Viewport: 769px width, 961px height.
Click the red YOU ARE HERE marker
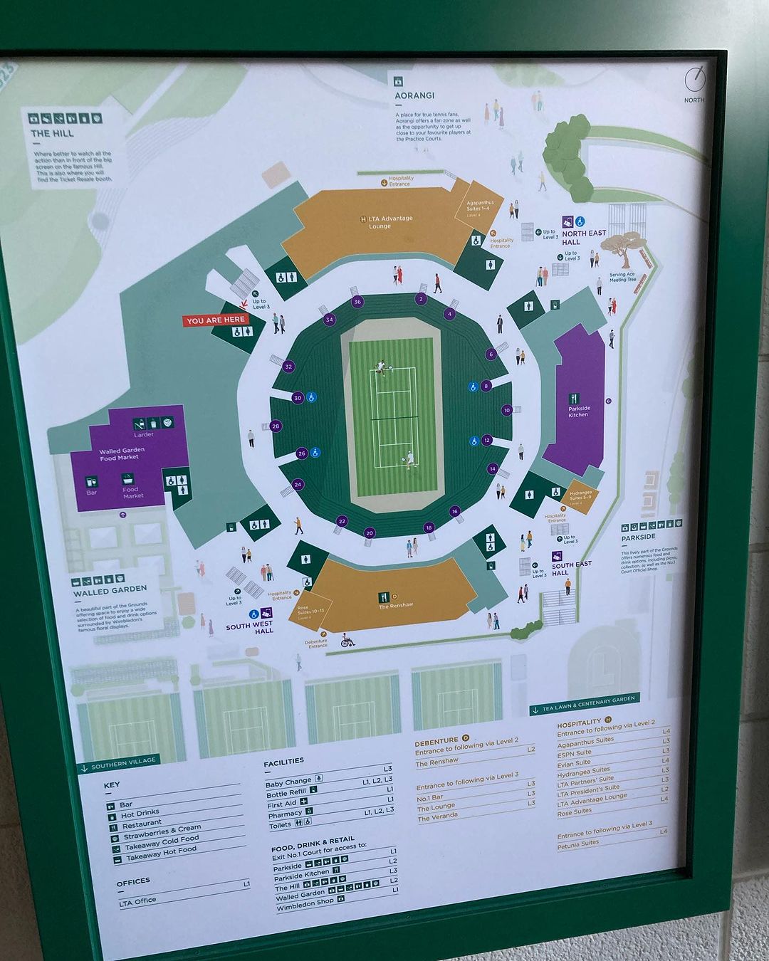(x=216, y=320)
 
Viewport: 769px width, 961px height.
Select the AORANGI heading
(x=414, y=95)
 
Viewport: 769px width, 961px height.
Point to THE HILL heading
(x=52, y=133)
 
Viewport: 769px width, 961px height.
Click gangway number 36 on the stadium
(x=357, y=302)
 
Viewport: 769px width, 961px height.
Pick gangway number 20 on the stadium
(x=369, y=532)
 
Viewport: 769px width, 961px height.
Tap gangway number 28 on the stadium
(x=276, y=426)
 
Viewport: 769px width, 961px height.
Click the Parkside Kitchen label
(x=578, y=411)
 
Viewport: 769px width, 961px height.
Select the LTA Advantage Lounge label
(x=381, y=222)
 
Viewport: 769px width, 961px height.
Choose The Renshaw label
(x=396, y=605)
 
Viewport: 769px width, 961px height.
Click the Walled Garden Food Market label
(x=122, y=454)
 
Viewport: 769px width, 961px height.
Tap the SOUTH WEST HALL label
(x=249, y=628)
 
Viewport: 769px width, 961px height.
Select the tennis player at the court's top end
(x=381, y=367)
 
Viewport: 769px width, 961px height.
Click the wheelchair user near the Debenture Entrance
(x=347, y=640)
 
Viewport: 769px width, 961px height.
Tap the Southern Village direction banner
(x=117, y=762)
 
